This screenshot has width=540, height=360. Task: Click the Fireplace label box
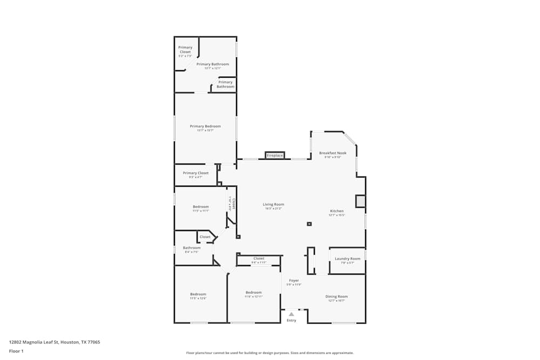(274, 155)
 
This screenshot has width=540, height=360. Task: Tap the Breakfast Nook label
(333, 153)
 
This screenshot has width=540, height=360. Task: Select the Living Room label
(273, 205)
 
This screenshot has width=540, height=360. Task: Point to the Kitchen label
(337, 211)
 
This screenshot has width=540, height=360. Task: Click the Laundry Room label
(347, 259)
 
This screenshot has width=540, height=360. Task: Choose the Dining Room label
(336, 296)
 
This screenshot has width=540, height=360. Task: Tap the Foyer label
(294, 281)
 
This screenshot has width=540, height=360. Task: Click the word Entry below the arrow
(292, 321)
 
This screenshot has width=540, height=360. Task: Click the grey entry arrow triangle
(292, 314)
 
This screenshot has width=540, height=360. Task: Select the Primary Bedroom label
(205, 126)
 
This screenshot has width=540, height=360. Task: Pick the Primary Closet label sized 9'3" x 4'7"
(195, 173)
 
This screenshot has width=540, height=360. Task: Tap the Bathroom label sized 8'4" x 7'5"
(192, 248)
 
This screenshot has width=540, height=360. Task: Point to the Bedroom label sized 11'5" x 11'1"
(201, 207)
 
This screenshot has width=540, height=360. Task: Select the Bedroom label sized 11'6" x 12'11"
(253, 293)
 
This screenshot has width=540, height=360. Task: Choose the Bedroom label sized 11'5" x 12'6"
(198, 294)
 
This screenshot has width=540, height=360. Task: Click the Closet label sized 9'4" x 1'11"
(259, 259)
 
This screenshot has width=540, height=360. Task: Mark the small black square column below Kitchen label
(309, 223)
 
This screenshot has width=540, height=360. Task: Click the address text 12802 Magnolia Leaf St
(55, 342)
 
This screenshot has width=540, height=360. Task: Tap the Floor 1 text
(16, 351)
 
